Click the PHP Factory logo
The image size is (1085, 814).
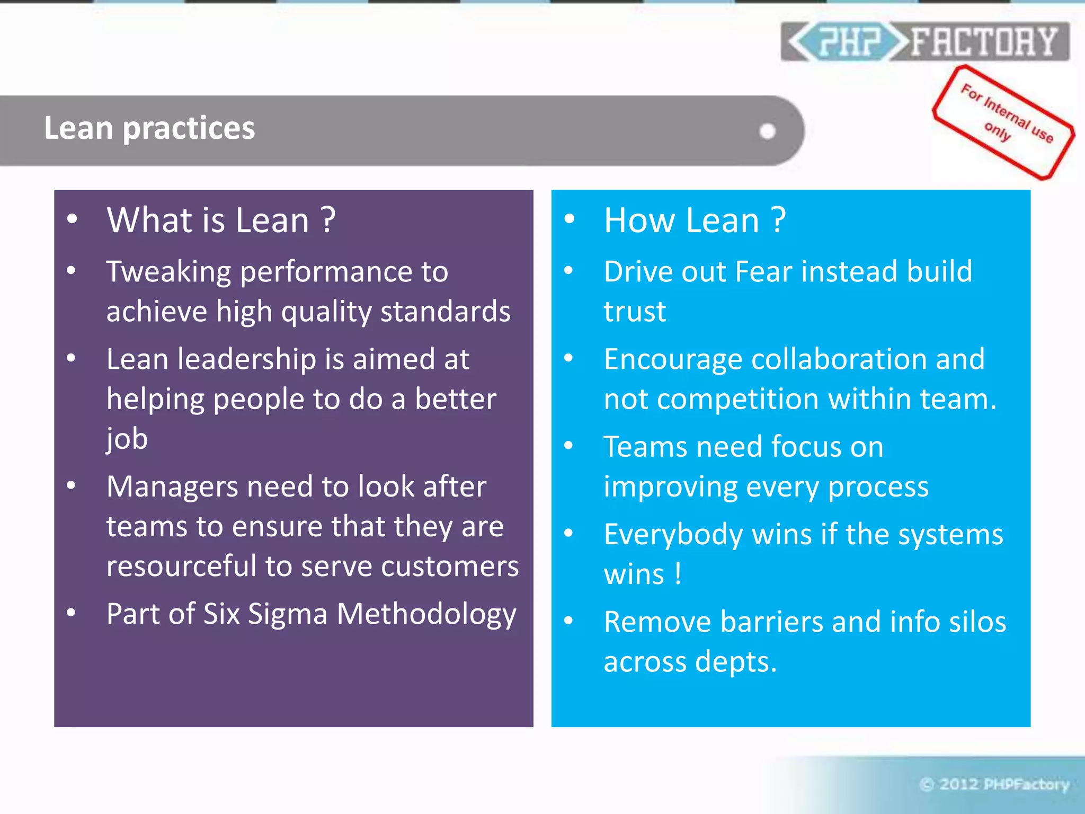(924, 41)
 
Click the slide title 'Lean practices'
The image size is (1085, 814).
(149, 128)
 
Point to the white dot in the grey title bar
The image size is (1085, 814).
(767, 131)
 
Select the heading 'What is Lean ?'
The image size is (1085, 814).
(221, 220)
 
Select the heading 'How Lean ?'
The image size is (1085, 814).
(695, 220)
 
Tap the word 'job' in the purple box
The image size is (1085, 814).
(127, 439)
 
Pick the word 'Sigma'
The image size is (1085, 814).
(288, 614)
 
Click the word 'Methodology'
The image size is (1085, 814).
(426, 615)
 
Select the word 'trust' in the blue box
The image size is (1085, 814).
(635, 311)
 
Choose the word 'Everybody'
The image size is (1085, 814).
(673, 535)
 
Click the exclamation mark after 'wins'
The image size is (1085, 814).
(678, 574)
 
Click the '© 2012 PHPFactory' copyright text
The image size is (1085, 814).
(994, 784)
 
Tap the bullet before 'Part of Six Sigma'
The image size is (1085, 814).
(72, 613)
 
